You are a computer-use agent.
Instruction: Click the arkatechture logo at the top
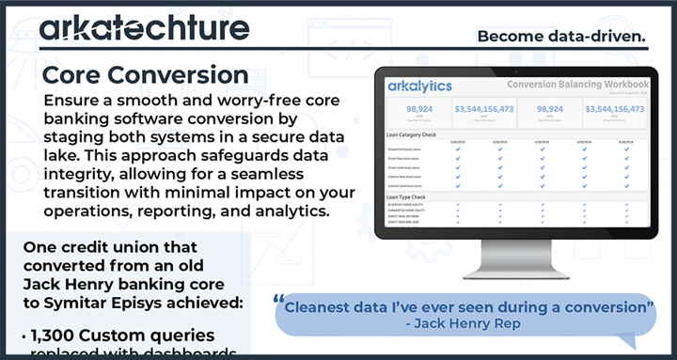145,29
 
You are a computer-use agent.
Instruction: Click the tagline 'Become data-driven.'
561,36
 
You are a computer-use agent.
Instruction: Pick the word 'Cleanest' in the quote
325,306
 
